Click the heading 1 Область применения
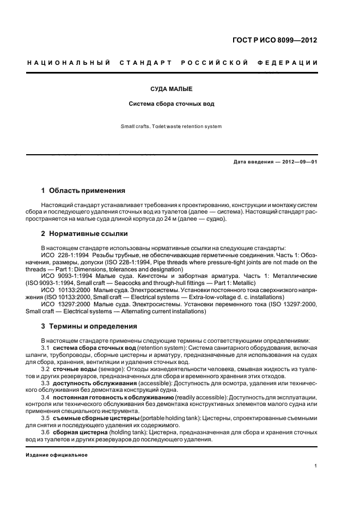pos(83,191)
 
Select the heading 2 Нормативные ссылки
pos(84,234)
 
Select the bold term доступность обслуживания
pos(93,383)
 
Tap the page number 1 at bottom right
pos(316,466)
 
